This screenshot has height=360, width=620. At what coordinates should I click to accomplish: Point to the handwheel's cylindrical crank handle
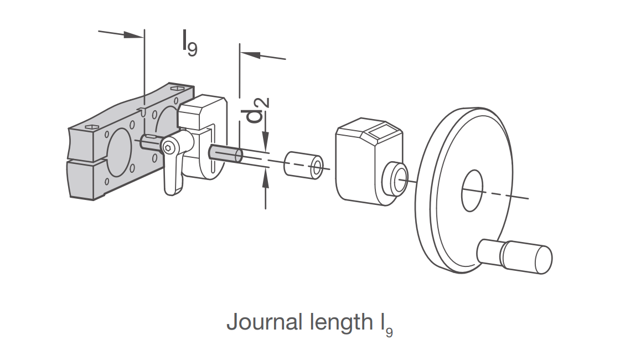coord(515,256)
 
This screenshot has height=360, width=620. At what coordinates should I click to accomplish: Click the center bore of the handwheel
coord(472,191)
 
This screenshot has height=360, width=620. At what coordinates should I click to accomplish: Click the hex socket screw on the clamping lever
coord(167,148)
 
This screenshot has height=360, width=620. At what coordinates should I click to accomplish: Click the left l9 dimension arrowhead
coord(133,35)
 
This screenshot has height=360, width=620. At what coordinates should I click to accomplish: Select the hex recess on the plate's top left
coord(90,127)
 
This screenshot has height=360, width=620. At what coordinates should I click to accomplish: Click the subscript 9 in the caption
coord(389,332)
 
